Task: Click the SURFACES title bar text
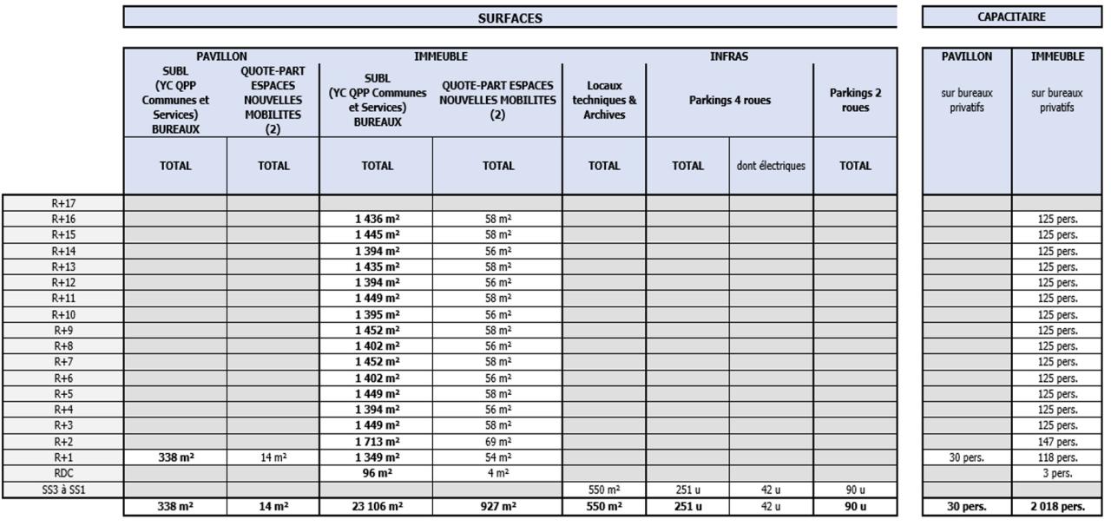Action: [509, 17]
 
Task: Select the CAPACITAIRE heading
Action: [1010, 16]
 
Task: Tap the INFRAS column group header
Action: [728, 56]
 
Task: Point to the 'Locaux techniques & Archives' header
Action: [604, 101]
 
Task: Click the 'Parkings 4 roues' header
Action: [729, 101]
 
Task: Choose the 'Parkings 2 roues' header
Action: [855, 101]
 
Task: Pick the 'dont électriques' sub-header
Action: [771, 165]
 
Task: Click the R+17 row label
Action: [62, 203]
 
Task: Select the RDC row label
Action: [62, 474]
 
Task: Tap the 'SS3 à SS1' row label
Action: [62, 490]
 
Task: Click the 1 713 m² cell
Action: [377, 441]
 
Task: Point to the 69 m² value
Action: [497, 441]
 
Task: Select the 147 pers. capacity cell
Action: [1057, 441]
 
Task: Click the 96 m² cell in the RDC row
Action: [377, 474]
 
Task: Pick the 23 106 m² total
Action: [377, 507]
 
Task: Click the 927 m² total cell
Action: [497, 507]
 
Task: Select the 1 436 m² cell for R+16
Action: [377, 219]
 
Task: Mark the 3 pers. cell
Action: [1057, 474]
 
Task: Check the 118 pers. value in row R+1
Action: [1057, 457]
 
